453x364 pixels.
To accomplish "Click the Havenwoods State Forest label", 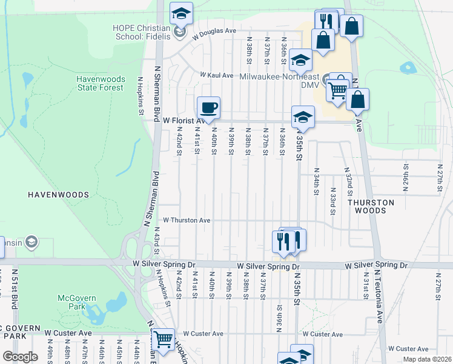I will click(x=100, y=83).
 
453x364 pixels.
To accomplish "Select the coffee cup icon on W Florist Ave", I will click(x=209, y=108).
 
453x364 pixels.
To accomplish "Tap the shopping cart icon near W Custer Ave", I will click(x=163, y=339).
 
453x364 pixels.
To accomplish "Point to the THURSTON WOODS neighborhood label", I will click(x=371, y=206).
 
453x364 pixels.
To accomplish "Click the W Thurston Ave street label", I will click(x=187, y=220).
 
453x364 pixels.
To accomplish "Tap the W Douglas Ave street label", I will click(x=214, y=33).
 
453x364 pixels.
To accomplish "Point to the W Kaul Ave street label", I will click(x=217, y=75).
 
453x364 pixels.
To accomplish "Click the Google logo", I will click(x=20, y=357).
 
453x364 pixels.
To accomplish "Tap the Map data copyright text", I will click(x=426, y=359).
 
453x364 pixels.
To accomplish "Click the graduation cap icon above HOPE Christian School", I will click(x=180, y=13).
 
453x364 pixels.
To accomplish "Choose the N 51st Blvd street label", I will click(x=15, y=285).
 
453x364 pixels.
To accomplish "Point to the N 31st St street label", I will click(x=366, y=289).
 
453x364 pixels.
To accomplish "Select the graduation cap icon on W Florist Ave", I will click(x=303, y=116).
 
